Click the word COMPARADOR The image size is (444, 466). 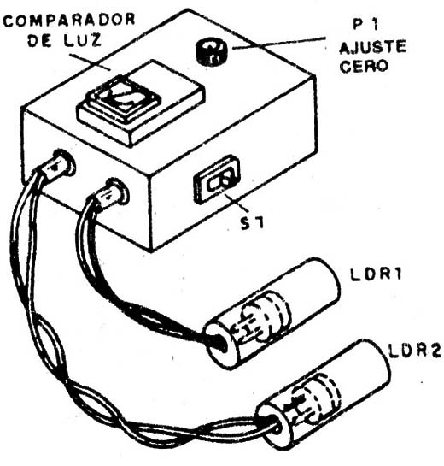tap(69, 21)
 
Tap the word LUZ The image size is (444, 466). tap(83, 40)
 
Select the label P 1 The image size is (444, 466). tap(366, 24)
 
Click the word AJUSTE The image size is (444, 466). tap(372, 47)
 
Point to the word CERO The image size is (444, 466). tap(364, 66)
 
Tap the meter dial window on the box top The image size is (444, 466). tap(124, 97)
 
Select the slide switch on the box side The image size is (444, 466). tap(217, 180)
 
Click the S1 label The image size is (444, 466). tap(252, 223)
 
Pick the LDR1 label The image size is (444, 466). tap(377, 274)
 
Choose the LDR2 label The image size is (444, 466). tap(415, 351)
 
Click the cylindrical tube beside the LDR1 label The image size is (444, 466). tap(272, 314)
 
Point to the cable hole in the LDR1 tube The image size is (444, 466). tap(218, 342)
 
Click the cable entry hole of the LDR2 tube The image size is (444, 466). tap(272, 425)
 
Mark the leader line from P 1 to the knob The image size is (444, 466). tap(279, 43)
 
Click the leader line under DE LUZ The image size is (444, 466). tap(90, 62)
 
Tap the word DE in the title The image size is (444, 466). tap(40, 41)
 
